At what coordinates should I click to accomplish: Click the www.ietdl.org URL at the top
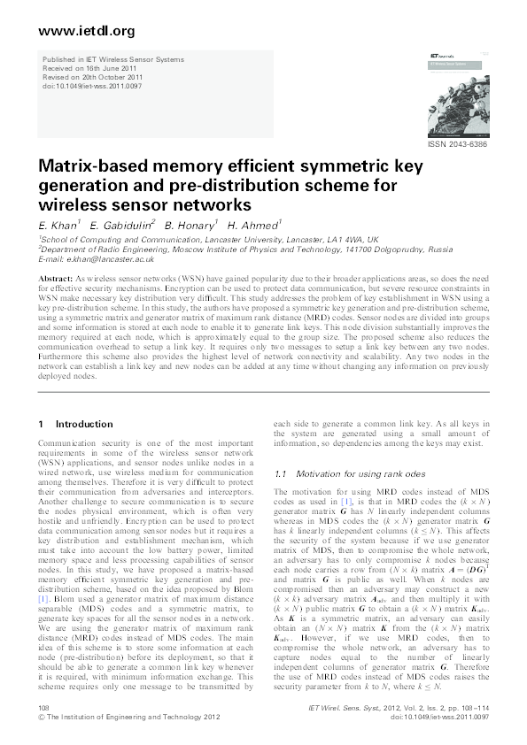tap(74, 32)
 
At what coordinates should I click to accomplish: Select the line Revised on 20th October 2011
tap(90, 75)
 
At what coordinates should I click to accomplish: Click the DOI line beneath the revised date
tap(91, 83)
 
